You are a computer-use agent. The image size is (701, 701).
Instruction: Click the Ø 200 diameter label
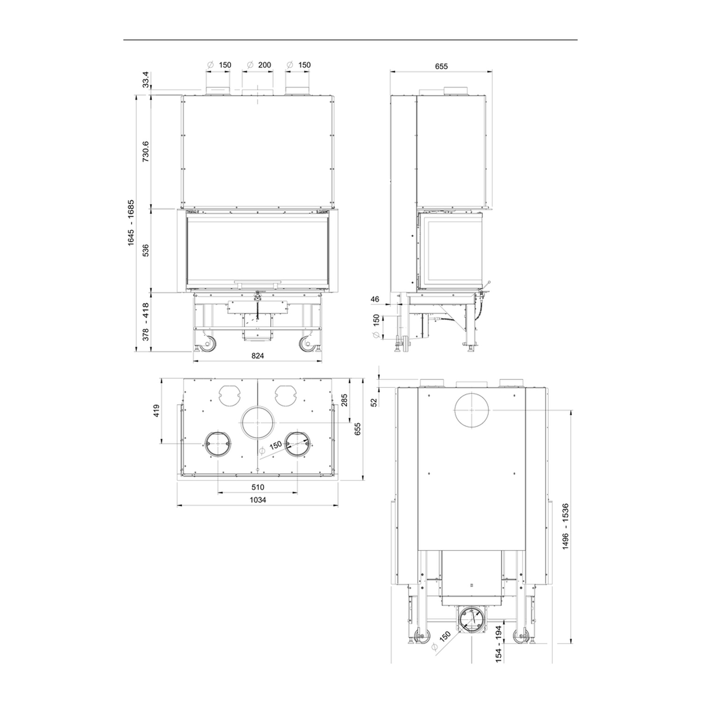point(259,65)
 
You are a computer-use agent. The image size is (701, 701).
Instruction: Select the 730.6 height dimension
point(145,151)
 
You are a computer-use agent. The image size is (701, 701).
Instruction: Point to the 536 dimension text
point(145,250)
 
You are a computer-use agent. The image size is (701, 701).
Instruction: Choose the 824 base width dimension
point(258,356)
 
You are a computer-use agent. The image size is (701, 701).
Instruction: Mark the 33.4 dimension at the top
point(145,79)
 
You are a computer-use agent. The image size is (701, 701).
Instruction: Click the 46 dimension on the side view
point(375,299)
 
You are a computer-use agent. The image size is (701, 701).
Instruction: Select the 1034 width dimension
point(258,500)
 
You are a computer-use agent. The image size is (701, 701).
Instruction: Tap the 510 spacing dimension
point(258,487)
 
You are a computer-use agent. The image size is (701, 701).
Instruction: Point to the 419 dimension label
point(157,410)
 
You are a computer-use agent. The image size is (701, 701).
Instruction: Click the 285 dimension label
point(344,400)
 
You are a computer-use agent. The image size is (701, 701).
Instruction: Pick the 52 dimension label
point(374,402)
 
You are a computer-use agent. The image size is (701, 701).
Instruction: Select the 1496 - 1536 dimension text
point(565,526)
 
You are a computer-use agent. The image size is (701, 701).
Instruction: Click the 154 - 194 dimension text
point(498,644)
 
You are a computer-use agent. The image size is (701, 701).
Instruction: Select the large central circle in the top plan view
point(258,422)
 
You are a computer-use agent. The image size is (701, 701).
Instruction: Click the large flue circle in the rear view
point(473,410)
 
